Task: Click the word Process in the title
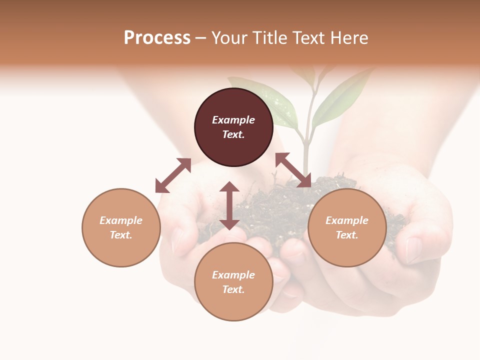click(157, 38)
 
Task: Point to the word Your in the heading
click(230, 38)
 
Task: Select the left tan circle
click(121, 227)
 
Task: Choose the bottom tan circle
click(233, 282)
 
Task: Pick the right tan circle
click(347, 227)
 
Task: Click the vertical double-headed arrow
click(229, 205)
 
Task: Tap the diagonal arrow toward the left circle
click(173, 175)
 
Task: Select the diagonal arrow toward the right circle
click(293, 170)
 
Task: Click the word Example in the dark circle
click(233, 120)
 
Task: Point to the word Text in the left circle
click(121, 235)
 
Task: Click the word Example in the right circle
click(347, 220)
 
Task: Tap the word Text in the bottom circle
click(233, 289)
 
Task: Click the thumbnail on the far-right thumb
click(413, 250)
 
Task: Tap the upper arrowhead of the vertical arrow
click(229, 186)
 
